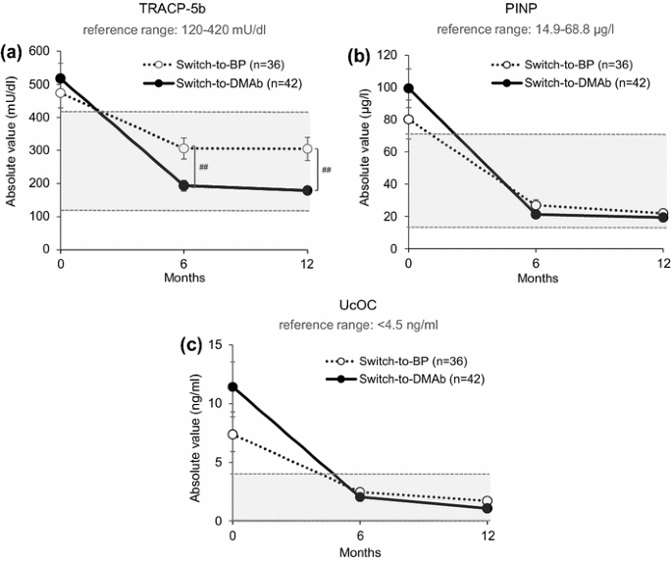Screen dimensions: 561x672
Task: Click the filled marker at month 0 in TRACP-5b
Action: click(x=62, y=78)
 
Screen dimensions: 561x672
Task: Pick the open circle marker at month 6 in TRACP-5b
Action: click(x=183, y=148)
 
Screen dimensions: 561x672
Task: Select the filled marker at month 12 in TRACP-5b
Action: click(x=307, y=190)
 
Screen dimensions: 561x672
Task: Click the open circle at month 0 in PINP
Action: click(x=409, y=120)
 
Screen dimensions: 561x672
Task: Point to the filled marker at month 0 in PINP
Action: click(x=409, y=88)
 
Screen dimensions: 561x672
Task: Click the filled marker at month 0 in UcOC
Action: click(x=233, y=386)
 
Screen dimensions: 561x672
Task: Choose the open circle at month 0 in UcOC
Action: click(x=233, y=434)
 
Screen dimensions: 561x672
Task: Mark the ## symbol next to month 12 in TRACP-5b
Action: click(x=326, y=170)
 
